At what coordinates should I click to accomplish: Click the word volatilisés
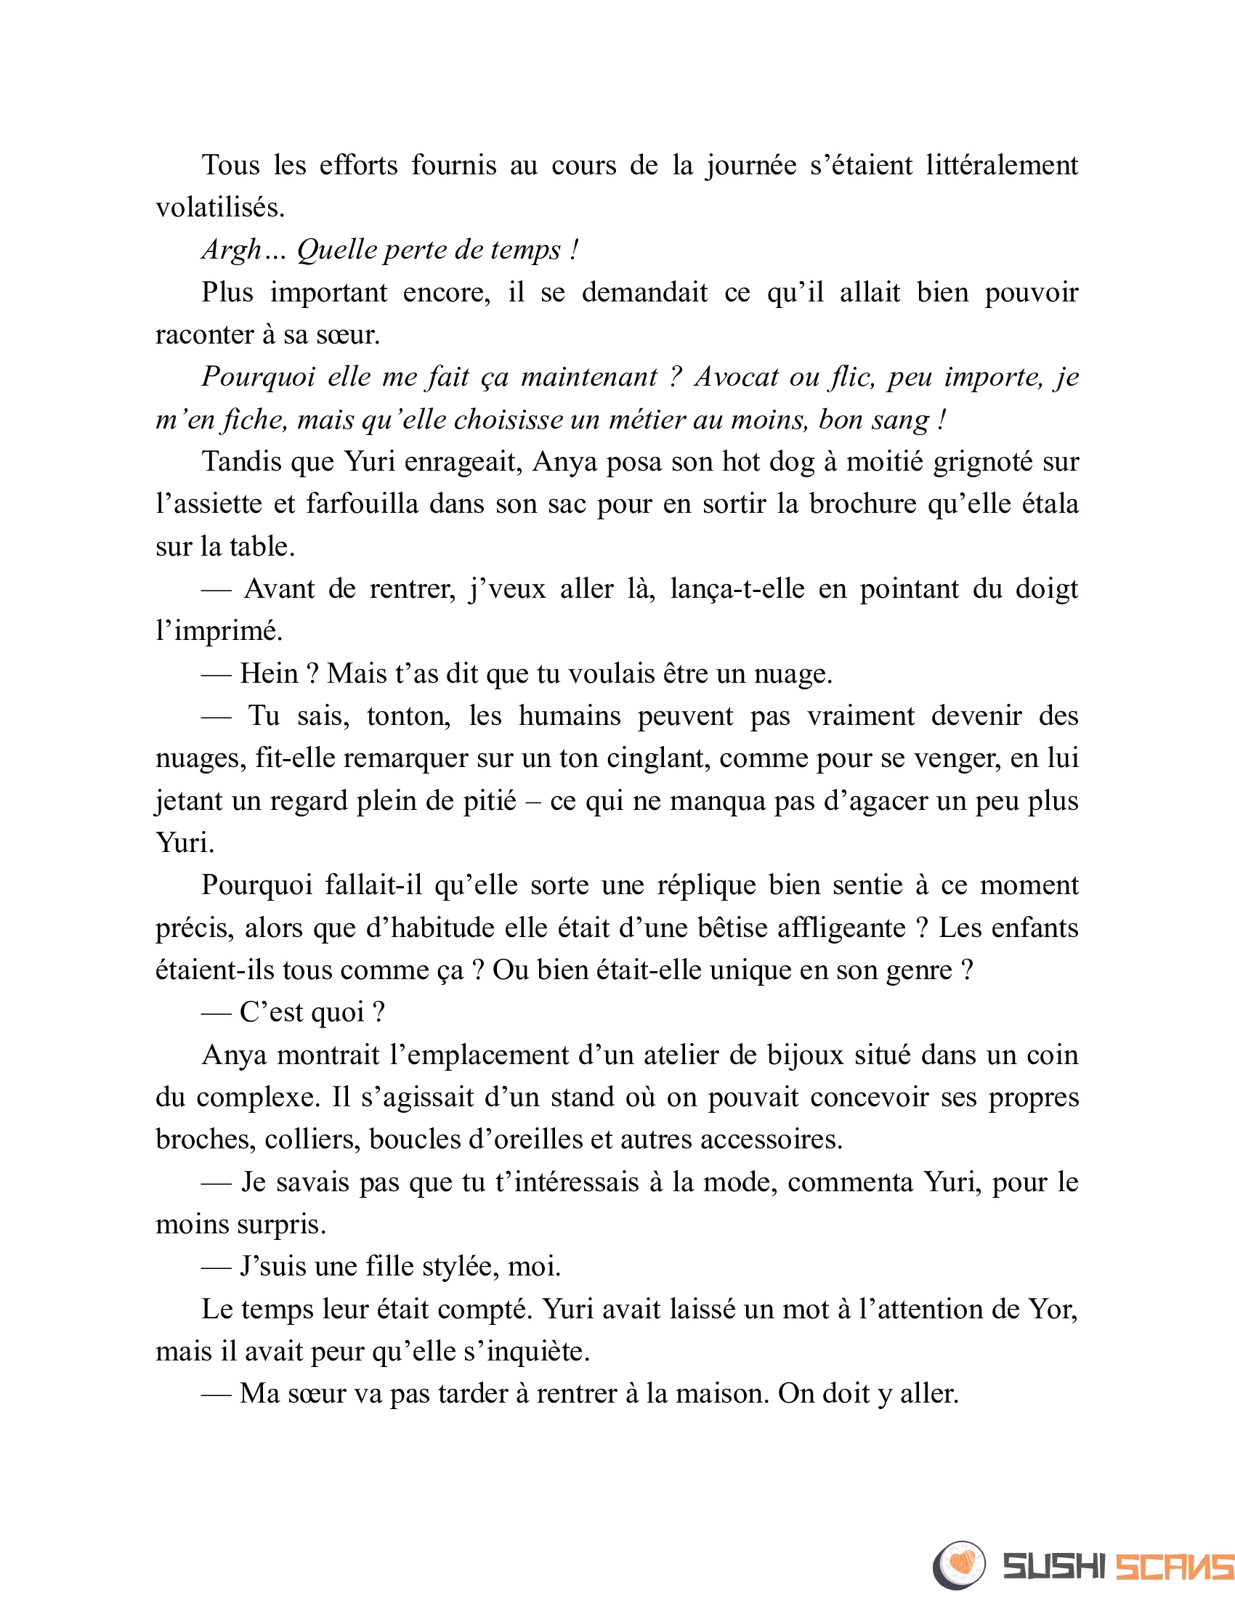[219, 208]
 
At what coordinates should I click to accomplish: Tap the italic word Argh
[231, 251]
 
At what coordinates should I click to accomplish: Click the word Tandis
[240, 462]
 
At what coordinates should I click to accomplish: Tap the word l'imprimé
[219, 630]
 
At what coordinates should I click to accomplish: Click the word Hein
[269, 673]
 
